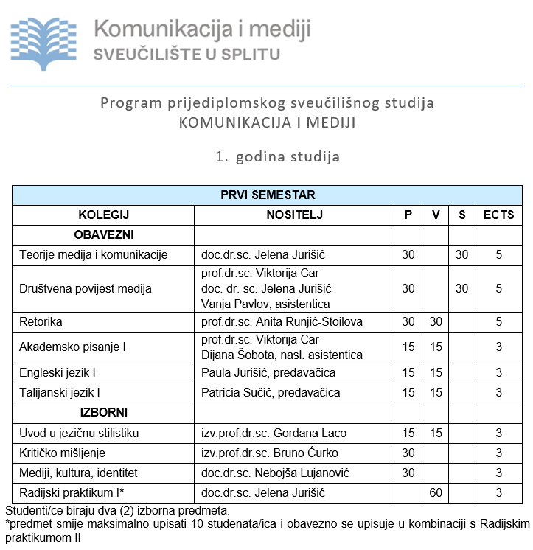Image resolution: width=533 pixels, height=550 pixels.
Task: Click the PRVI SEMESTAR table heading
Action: point(268,195)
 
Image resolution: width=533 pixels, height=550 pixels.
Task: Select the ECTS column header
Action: point(498,215)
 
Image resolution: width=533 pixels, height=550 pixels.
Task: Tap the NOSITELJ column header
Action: point(294,215)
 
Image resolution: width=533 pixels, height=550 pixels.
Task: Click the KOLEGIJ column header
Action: point(103,215)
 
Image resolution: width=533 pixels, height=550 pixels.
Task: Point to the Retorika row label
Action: point(41,321)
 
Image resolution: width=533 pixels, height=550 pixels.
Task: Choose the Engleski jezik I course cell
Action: point(58,372)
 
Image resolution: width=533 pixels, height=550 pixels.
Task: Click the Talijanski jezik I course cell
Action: point(60,392)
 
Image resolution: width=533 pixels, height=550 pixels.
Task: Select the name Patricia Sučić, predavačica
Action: point(268,392)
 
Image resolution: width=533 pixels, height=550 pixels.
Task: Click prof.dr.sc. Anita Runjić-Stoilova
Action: point(282,321)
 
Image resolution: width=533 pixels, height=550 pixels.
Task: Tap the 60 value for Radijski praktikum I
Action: point(436,492)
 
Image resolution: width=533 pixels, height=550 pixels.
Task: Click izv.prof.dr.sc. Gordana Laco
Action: point(274,432)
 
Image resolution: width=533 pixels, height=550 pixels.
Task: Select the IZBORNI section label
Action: point(103,412)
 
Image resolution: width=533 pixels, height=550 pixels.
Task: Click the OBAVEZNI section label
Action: point(103,235)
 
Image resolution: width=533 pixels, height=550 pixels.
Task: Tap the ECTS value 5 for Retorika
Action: point(498,321)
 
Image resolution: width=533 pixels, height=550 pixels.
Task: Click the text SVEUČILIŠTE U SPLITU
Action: point(187,55)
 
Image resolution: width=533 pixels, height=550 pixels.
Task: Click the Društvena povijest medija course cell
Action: point(85,288)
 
